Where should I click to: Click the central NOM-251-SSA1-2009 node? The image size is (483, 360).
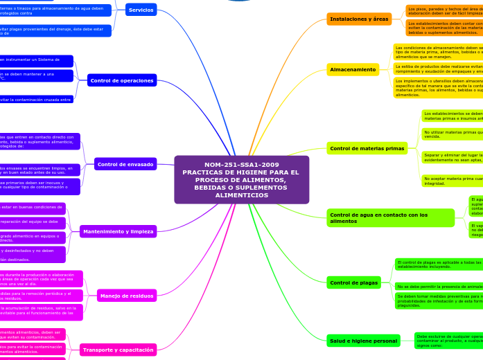click(241, 179)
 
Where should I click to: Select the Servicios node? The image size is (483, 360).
click(141, 10)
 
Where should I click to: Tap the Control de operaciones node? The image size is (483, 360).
click(122, 80)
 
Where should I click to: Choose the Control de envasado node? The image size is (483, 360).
click(125, 164)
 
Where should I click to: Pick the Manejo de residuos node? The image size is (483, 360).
click(127, 296)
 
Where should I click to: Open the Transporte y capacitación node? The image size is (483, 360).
click(113, 350)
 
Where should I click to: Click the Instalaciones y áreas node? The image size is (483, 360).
click(359, 19)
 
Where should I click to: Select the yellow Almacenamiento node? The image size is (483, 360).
click(353, 69)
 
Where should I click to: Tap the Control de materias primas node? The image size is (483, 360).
click(367, 148)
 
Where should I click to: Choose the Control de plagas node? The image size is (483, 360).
click(353, 282)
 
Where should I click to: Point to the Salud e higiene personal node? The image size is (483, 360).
click(363, 340)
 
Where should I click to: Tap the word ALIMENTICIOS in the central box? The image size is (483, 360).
click(241, 195)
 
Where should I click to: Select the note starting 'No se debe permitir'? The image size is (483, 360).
click(439, 286)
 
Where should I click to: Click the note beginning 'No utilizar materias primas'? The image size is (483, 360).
click(452, 134)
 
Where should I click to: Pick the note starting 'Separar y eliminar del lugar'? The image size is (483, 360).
click(452, 156)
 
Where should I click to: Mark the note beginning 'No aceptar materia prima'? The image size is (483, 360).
click(452, 181)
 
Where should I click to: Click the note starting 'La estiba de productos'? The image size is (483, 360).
click(438, 69)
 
